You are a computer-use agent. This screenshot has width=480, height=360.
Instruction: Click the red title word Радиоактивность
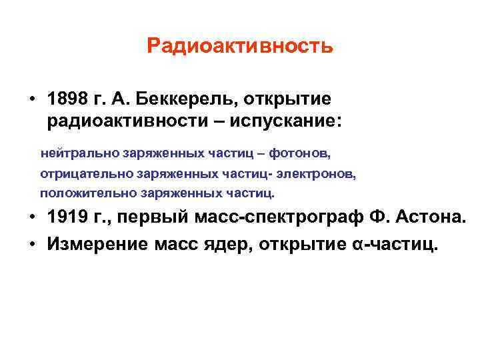click(239, 46)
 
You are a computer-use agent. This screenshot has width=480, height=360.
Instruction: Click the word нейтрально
click(79, 153)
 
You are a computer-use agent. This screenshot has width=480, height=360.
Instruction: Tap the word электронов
click(317, 174)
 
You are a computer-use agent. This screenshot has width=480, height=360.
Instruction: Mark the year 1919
click(66, 218)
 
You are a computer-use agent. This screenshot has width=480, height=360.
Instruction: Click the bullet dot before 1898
click(32, 100)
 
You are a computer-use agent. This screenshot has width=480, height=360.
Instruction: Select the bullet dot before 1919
click(32, 219)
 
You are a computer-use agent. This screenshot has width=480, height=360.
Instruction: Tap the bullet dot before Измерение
click(32, 244)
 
